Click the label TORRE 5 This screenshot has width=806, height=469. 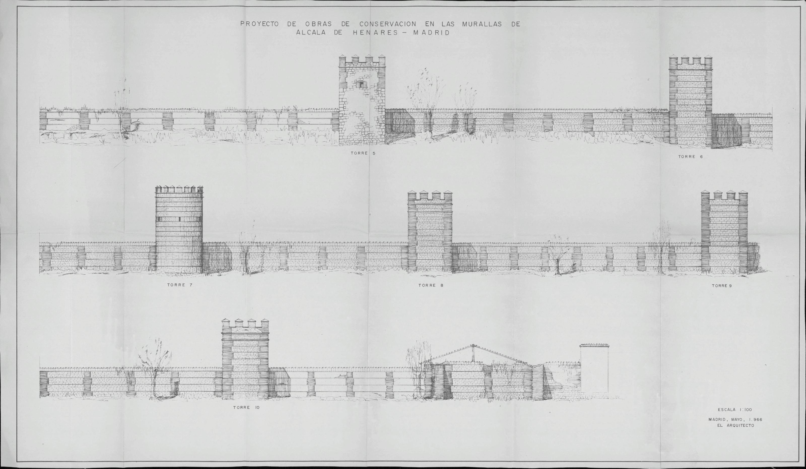(363, 153)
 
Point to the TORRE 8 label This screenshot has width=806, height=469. (431, 285)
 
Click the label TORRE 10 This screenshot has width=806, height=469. (246, 408)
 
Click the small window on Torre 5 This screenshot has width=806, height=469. (361, 85)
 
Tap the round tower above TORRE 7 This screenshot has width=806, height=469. (179, 230)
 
